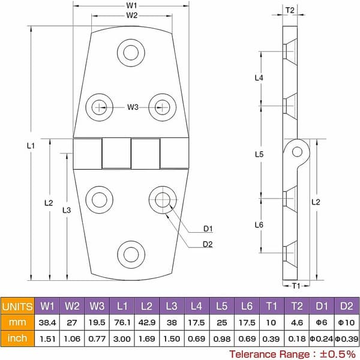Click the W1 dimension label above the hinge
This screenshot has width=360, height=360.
point(131,5)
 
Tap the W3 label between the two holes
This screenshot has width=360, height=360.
point(133,107)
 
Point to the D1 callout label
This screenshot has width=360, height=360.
point(208,229)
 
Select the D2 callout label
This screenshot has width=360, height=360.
point(208,244)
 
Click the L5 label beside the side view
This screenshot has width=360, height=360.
point(259,154)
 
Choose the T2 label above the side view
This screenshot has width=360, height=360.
point(290,10)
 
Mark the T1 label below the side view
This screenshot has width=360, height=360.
point(296,286)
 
